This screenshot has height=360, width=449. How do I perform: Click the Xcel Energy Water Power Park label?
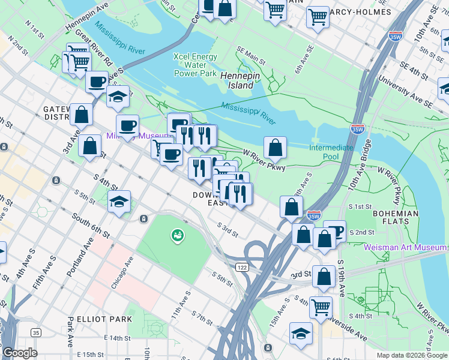pyautogui.click(x=194, y=65)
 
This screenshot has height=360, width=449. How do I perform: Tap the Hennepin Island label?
pyautogui.click(x=237, y=80)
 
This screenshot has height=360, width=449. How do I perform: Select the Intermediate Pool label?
pyautogui.click(x=332, y=152)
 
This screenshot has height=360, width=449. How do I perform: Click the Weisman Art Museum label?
pyautogui.click(x=405, y=247)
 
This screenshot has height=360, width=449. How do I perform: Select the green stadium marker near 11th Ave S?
pyautogui.click(x=177, y=236)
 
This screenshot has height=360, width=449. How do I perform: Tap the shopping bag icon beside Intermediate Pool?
pyautogui.click(x=275, y=146)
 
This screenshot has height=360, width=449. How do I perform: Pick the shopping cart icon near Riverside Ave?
pyautogui.click(x=321, y=307)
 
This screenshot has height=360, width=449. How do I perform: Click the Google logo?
pyautogui.click(x=20, y=353)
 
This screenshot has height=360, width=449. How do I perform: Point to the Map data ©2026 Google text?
pyautogui.click(x=411, y=355)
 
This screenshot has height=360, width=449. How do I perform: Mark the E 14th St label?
pyautogui.click(x=117, y=338)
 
